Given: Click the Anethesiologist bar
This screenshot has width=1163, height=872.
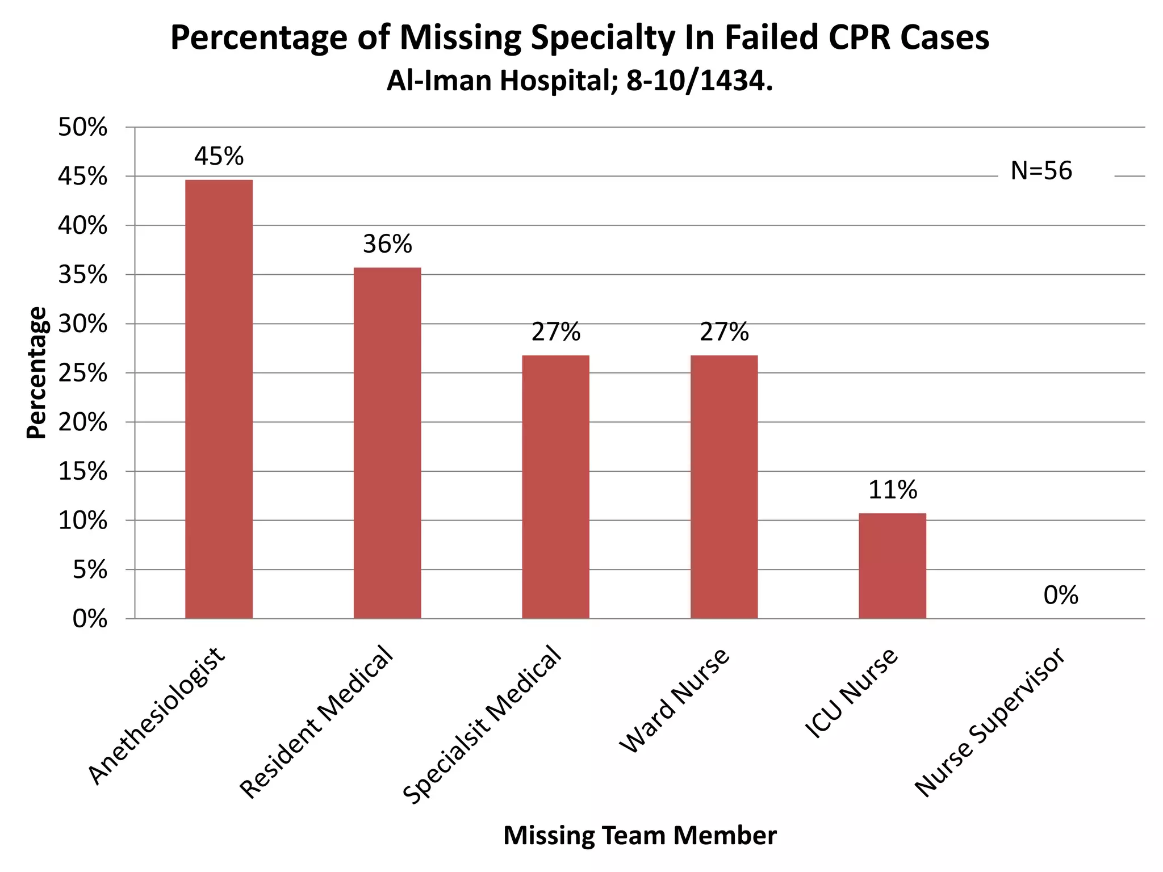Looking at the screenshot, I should tap(219, 399).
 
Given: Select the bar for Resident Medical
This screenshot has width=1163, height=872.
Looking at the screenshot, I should tap(387, 443).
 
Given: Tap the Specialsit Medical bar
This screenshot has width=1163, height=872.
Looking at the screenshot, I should tap(555, 487).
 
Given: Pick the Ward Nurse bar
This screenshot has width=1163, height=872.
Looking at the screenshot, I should tap(724, 487).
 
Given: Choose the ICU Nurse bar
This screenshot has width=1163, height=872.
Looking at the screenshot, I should tap(892, 565).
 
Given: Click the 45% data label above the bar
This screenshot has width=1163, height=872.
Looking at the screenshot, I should tap(219, 156).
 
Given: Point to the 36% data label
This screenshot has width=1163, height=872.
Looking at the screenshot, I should tap(387, 244).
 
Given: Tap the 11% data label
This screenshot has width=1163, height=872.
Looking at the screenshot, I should tap(892, 490).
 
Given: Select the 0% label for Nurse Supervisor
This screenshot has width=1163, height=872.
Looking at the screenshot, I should tap(1060, 596).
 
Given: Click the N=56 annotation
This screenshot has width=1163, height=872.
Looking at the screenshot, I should tap(1041, 171).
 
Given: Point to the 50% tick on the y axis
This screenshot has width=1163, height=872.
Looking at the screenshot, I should tap(82, 128).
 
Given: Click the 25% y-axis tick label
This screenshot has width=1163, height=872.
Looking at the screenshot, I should tap(82, 374).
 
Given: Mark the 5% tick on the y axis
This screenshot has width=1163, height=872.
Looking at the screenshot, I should tap(90, 570).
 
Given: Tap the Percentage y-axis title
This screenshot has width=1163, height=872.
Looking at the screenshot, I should tap(36, 373).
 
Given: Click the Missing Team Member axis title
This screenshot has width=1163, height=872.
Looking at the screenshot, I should tap(639, 836).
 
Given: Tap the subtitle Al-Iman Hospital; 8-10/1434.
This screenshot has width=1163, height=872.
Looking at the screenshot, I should tap(579, 81).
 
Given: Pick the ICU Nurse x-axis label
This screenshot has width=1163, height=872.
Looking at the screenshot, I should tap(852, 693).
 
